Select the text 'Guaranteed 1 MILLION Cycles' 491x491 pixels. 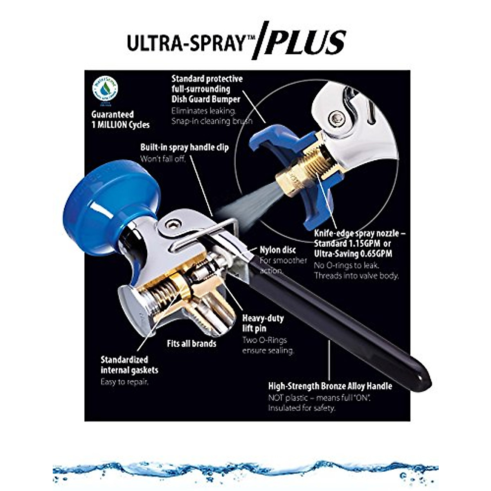[121, 119]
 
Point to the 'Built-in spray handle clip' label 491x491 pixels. [185, 147]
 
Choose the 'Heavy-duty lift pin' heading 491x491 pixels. [263, 323]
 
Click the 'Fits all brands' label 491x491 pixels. [191, 343]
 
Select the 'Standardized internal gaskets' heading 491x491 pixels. [129, 365]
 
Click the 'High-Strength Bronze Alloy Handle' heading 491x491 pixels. [330, 386]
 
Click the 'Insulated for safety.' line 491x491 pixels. [302, 408]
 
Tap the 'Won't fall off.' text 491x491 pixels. [163, 159]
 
